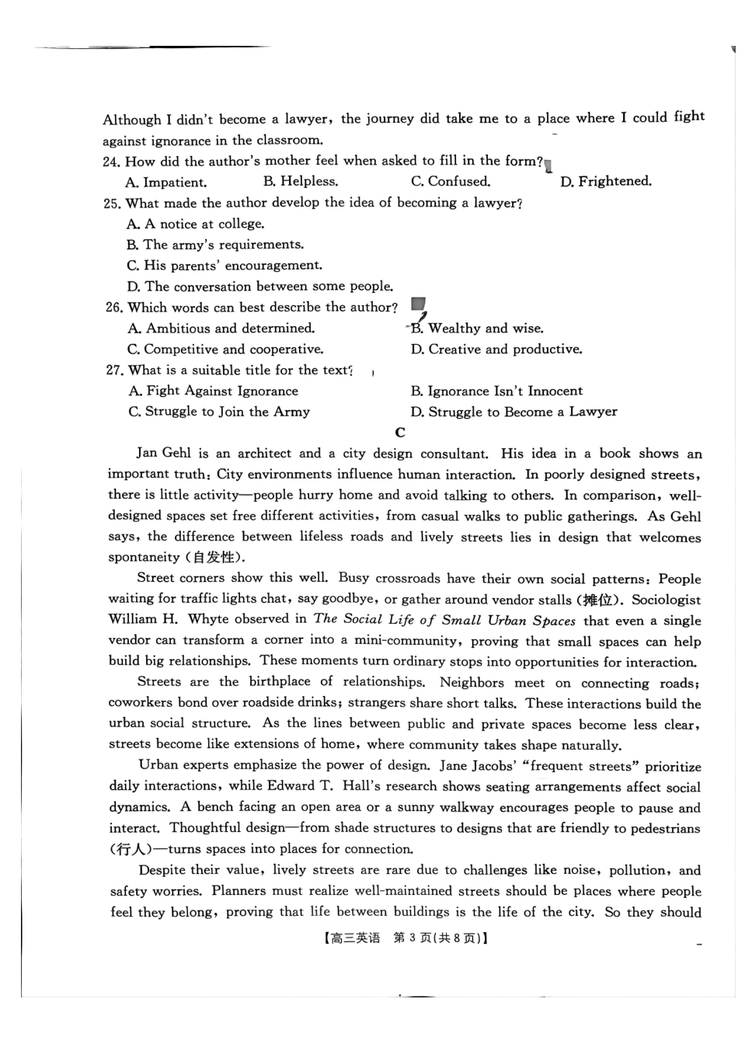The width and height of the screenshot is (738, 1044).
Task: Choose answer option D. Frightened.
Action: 606,182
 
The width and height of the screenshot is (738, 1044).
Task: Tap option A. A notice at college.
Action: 196,224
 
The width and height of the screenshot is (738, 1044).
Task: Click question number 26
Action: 114,308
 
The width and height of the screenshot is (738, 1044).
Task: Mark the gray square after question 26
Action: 418,304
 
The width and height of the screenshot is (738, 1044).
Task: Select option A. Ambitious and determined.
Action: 221,329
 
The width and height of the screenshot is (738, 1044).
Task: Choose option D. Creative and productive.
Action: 496,350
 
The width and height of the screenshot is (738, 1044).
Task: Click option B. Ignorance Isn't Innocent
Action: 496,391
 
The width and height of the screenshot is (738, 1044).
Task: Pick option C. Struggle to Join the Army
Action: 219,412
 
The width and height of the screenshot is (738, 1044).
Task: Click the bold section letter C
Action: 400,433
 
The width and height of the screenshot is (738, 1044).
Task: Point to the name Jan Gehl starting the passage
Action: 162,454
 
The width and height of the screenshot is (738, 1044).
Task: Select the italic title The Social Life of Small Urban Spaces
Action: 444,620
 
